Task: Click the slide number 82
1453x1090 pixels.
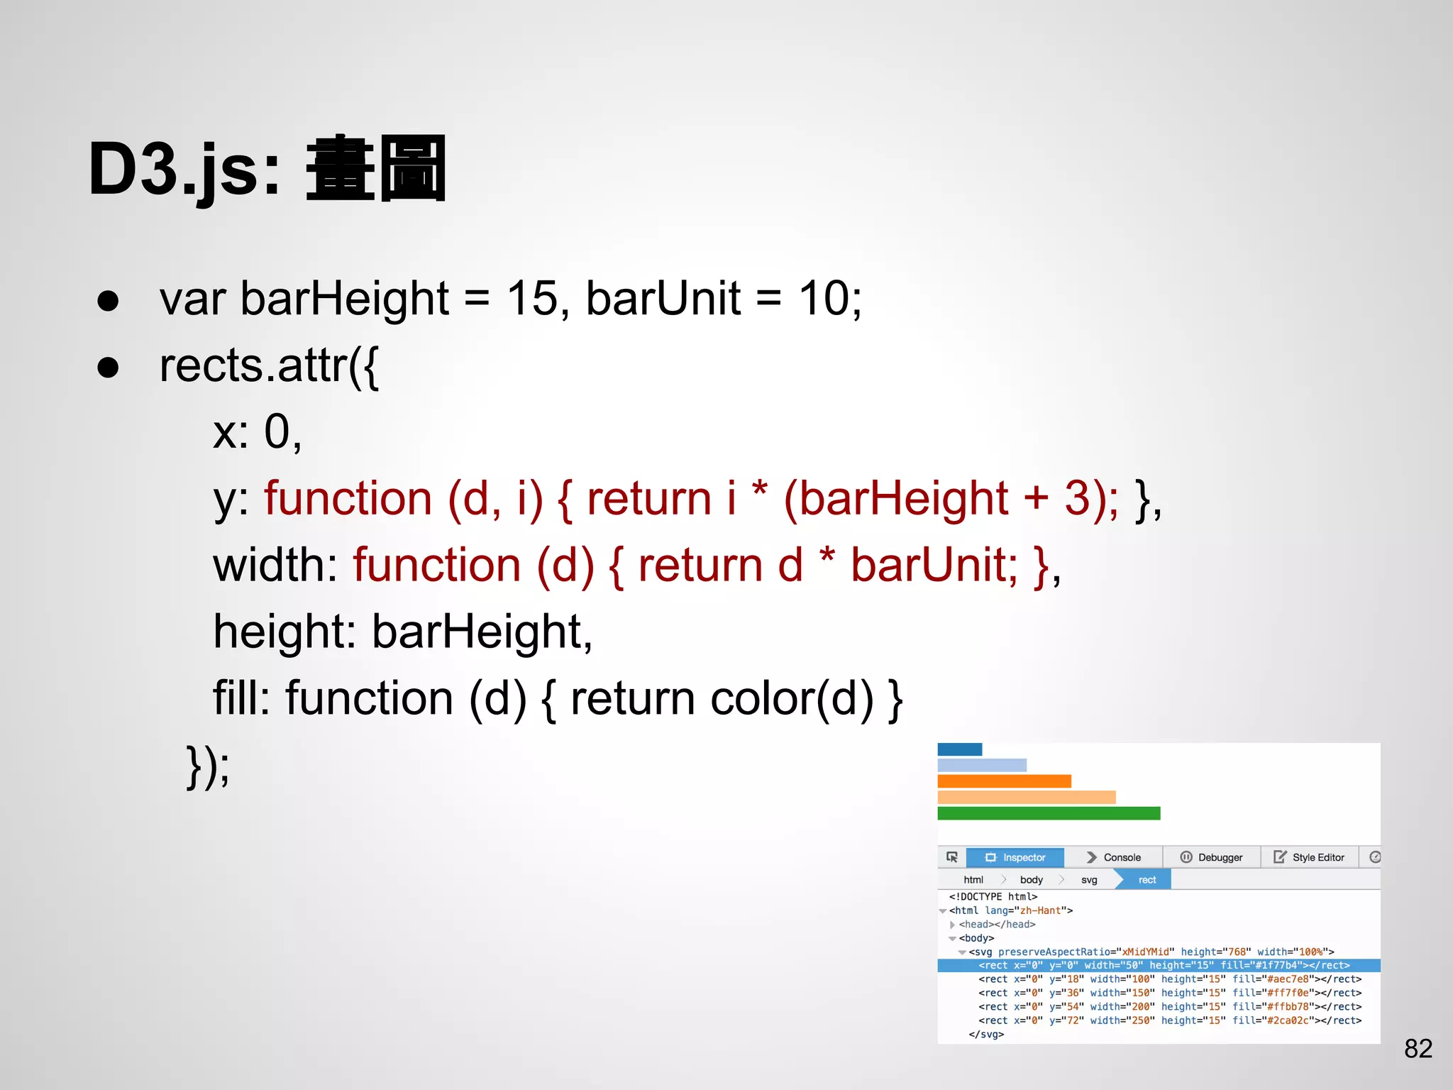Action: (1418, 1048)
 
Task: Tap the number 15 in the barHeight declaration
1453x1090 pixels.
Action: (532, 298)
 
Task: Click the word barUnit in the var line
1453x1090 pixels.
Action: (663, 298)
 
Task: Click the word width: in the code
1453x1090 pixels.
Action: (275, 566)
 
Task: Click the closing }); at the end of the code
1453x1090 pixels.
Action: (208, 766)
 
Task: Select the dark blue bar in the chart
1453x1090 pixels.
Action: (959, 749)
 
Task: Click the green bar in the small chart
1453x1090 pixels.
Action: (1049, 813)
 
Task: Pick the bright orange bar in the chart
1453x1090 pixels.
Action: (1004, 781)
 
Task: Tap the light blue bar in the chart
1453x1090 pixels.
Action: (982, 765)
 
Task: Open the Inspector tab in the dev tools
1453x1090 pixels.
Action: (1015, 857)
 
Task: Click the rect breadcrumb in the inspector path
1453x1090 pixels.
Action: (1147, 880)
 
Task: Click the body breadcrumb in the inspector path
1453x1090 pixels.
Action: (1031, 880)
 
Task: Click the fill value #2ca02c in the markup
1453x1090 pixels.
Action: (1288, 1020)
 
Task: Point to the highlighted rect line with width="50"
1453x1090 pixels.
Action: (1164, 965)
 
